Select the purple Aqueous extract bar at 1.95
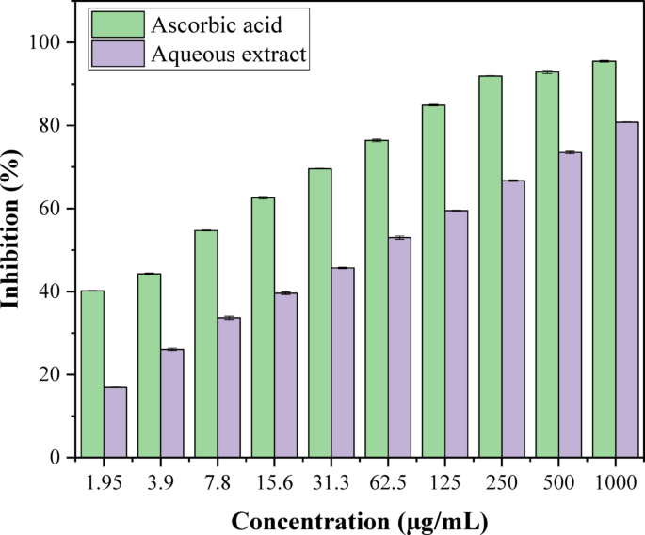tap(115, 422)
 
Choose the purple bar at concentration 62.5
tap(399, 347)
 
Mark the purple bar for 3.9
tap(172, 403)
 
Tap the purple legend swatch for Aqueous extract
tap(117, 55)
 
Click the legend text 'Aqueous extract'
tap(229, 55)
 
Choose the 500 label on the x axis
tap(558, 481)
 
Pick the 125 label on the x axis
tap(445, 481)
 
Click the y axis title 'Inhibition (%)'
tap(17, 250)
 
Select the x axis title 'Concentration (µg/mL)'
tap(360, 519)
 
